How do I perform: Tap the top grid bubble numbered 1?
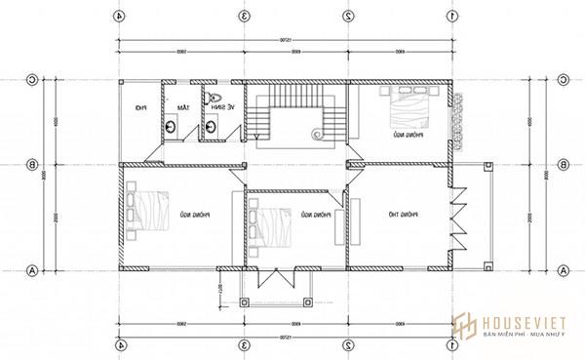click(451, 16)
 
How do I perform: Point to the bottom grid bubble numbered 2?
click(348, 344)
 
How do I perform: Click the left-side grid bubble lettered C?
click(33, 80)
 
